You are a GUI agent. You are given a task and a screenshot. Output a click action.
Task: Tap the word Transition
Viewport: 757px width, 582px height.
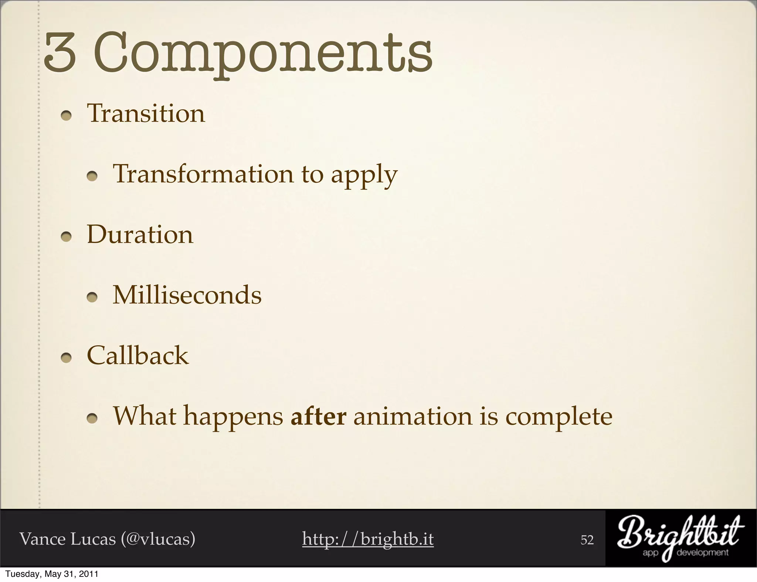146,113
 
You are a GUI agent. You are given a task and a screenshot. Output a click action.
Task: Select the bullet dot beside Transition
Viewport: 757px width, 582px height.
66,116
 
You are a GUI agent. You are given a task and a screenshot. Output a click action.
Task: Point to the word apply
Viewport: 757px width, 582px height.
364,175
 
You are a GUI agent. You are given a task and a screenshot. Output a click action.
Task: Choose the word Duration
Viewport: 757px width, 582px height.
140,234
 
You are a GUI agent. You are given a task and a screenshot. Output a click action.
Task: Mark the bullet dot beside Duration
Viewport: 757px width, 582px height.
66,237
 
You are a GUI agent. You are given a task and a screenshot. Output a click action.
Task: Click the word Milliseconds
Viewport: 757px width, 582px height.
187,295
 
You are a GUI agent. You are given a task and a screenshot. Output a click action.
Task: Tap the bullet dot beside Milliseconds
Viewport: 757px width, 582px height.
92,298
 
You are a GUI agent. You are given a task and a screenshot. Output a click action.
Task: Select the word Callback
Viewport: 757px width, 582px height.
138,356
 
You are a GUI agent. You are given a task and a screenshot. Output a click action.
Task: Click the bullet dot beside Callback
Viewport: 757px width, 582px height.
66,359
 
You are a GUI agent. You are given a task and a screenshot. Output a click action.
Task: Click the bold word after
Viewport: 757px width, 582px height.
319,416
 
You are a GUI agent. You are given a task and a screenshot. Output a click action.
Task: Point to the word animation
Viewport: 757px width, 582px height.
413,416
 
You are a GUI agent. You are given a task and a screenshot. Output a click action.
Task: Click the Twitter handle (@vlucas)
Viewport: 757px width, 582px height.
158,539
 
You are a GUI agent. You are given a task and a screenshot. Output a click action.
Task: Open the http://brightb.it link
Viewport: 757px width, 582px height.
368,539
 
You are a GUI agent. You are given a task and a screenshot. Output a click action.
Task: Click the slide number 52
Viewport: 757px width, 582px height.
587,540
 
